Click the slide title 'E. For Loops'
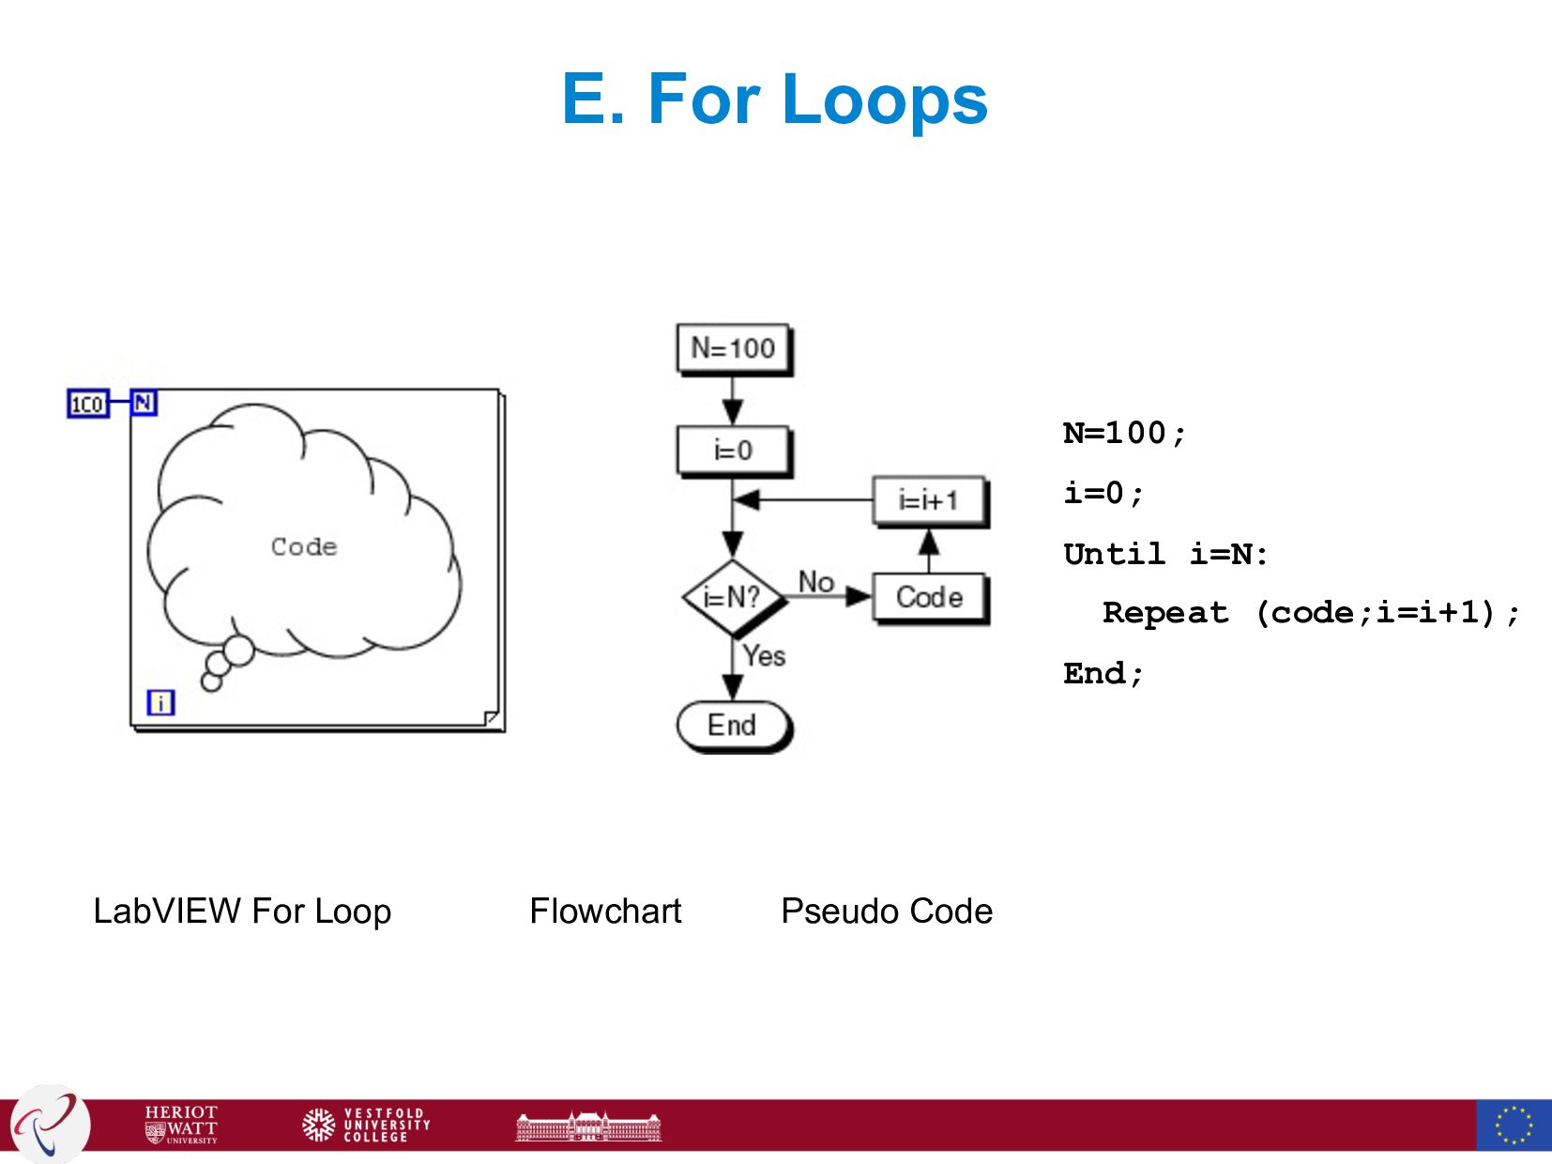(x=774, y=99)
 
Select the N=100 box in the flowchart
(x=733, y=348)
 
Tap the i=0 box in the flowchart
(x=733, y=451)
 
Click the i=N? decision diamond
(x=733, y=596)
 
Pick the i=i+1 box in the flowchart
(x=929, y=500)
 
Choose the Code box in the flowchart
(x=929, y=597)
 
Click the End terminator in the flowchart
(x=733, y=726)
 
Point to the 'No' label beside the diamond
(x=816, y=582)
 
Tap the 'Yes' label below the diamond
(x=764, y=655)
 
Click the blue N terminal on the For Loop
(x=143, y=403)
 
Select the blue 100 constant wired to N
(x=87, y=404)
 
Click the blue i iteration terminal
(x=160, y=702)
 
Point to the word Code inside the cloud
(x=304, y=546)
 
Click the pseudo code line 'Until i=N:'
(x=1165, y=554)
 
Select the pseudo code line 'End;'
(x=1103, y=673)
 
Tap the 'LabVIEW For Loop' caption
(x=242, y=911)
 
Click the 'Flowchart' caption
(x=605, y=911)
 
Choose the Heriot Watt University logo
(x=181, y=1124)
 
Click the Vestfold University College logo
(x=366, y=1124)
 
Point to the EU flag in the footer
(x=1513, y=1125)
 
